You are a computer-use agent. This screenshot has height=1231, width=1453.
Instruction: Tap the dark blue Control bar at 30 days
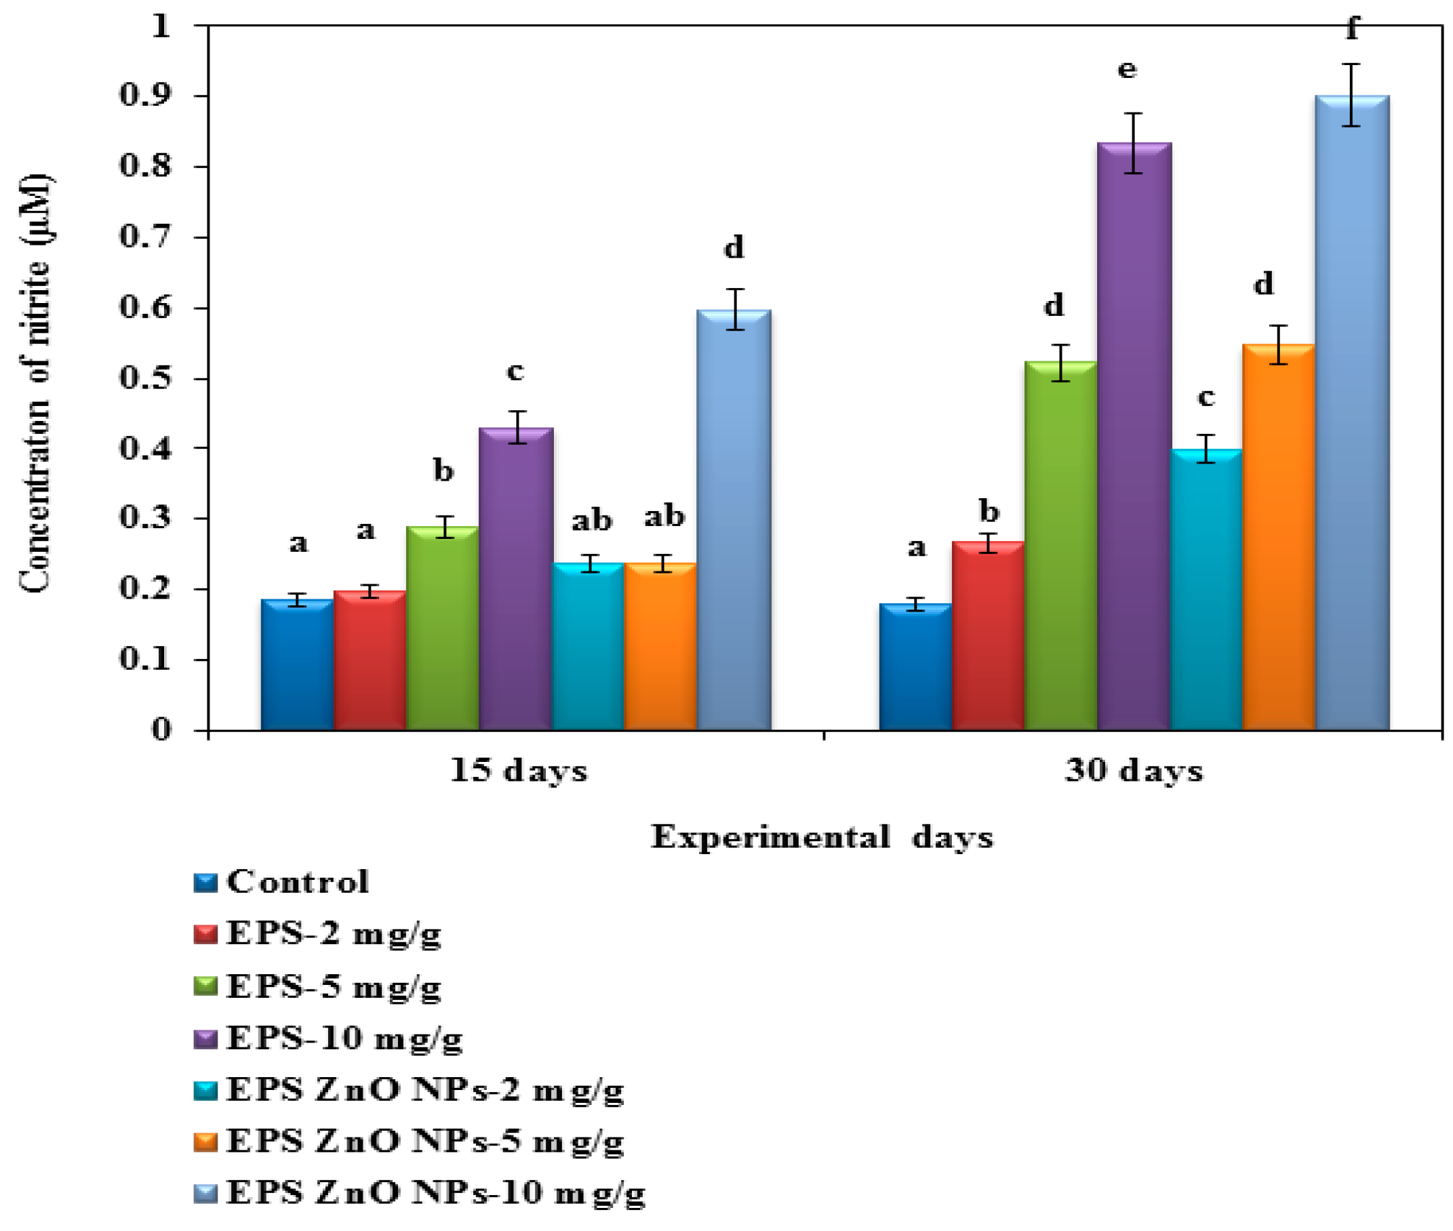pos(914,666)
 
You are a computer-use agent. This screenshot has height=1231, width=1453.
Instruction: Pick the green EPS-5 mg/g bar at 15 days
pos(442,628)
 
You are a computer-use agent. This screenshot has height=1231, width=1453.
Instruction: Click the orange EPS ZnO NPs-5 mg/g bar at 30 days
pos(1277,538)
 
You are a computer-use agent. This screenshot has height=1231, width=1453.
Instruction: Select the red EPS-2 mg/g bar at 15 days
pos(369,660)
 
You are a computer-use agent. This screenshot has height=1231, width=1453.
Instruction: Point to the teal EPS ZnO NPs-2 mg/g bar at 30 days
pos(1206,590)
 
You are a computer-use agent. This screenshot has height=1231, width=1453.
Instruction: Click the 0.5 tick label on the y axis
pos(144,378)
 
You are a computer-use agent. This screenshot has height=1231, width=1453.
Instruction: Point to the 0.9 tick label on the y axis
pos(144,95)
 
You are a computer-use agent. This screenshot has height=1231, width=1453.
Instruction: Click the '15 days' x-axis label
pos(518,771)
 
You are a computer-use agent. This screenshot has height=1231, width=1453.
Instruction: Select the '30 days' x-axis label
pos(1134,771)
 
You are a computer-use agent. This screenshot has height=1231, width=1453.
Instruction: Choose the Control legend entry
pos(296,882)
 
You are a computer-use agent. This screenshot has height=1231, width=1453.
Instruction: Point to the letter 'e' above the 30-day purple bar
pos(1126,70)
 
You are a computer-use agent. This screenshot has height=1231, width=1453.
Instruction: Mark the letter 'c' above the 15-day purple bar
pos(515,371)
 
